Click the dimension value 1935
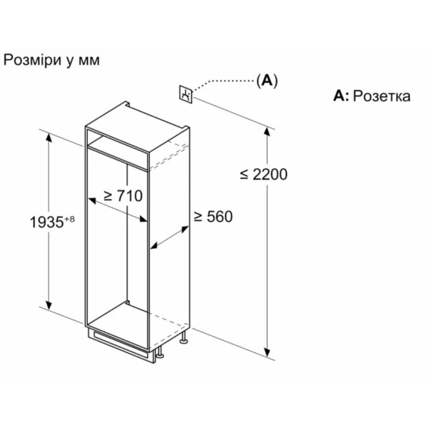click(x=46, y=222)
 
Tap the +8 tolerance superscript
click(x=69, y=219)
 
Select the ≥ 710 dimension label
click(x=123, y=195)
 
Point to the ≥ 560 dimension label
click(x=213, y=216)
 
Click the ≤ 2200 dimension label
click(x=264, y=174)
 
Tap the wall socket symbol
click(x=186, y=94)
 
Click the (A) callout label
click(x=267, y=81)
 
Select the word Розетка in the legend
click(x=382, y=96)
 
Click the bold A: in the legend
click(x=341, y=96)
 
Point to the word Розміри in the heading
click(x=32, y=61)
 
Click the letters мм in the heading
click(x=89, y=61)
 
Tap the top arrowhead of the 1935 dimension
click(x=49, y=138)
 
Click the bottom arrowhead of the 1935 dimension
click(x=49, y=305)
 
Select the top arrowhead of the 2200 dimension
click(x=267, y=132)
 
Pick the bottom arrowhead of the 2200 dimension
click(x=267, y=352)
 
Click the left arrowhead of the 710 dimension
click(x=92, y=201)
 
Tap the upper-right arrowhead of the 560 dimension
click(x=185, y=229)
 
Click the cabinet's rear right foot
click(x=183, y=337)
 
